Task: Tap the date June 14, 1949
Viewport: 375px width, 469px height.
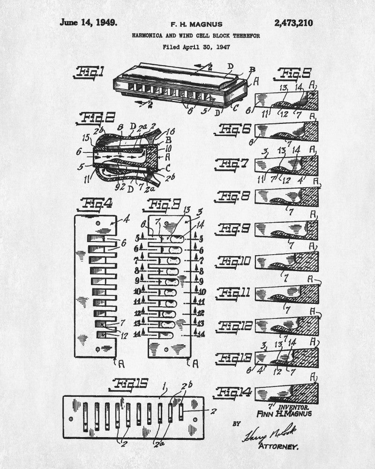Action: [x=89, y=23]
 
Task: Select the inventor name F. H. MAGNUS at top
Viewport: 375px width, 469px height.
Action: [x=197, y=24]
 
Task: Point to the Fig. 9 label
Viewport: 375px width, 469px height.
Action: [x=235, y=228]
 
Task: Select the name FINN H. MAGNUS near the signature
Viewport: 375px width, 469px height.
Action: [x=284, y=414]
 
